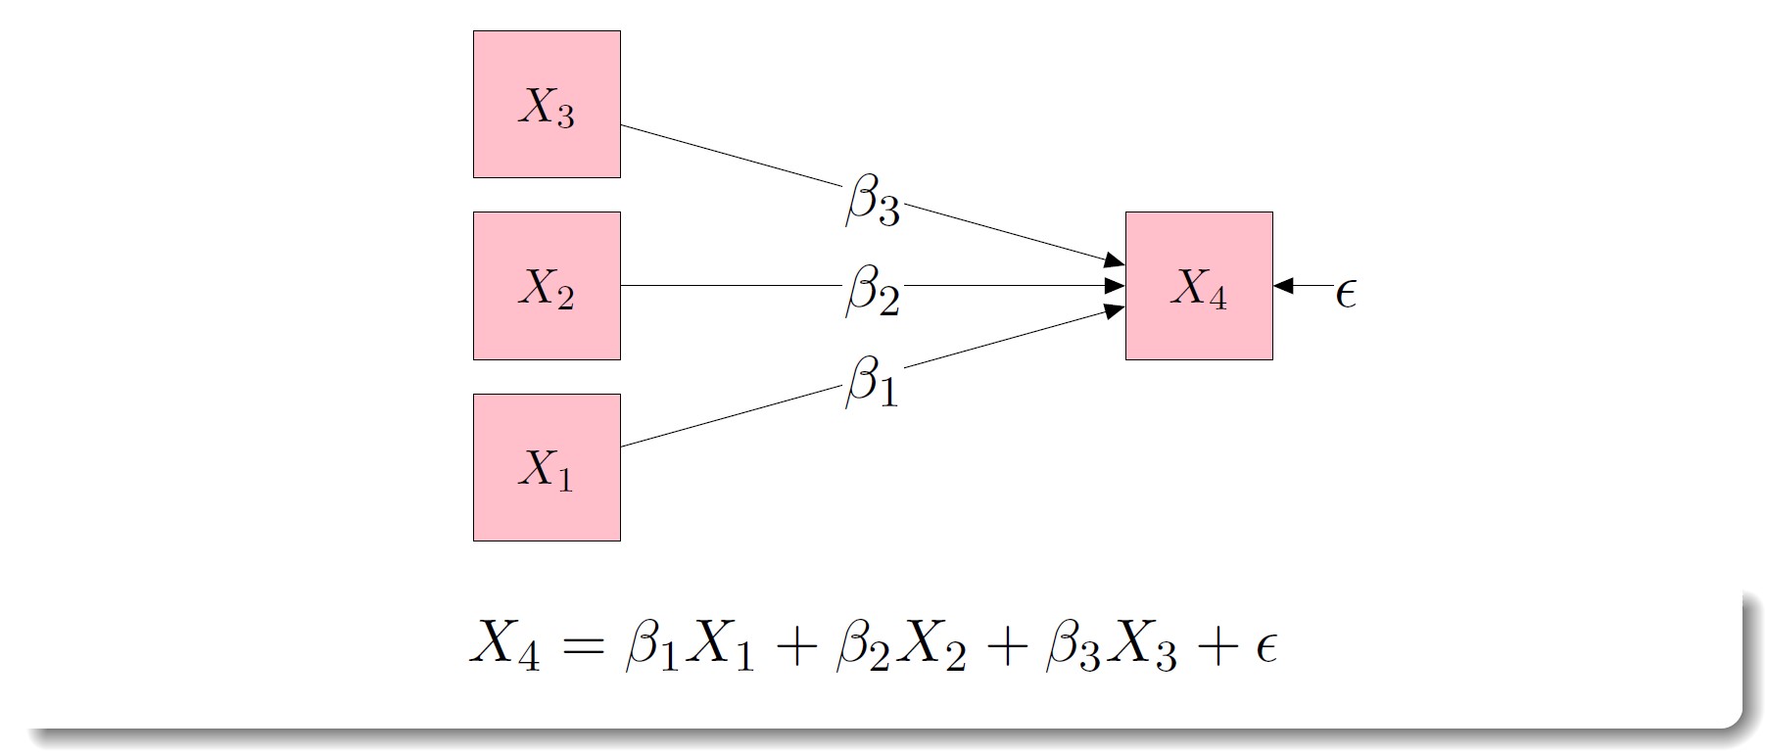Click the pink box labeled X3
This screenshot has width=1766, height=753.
547,104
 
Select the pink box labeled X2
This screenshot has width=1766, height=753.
547,286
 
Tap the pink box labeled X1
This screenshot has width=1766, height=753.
547,467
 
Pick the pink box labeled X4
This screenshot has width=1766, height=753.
1199,286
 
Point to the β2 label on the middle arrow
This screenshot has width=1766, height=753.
872,290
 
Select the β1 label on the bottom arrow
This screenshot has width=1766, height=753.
871,380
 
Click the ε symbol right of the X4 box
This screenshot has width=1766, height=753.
1346,292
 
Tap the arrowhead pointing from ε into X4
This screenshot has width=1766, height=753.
1284,286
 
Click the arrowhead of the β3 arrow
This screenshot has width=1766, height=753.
1115,260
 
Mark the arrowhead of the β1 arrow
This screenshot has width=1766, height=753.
1115,311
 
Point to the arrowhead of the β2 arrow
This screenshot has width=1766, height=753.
1115,286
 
